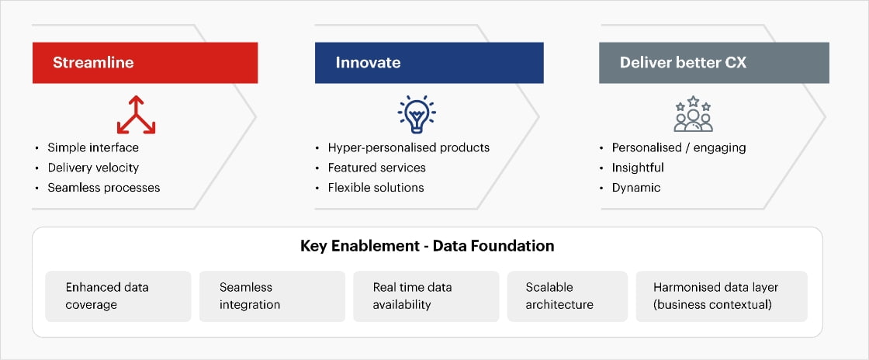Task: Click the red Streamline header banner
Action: tap(145, 63)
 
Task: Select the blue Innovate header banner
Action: tap(429, 63)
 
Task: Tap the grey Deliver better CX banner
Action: tap(714, 63)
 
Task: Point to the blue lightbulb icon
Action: tap(417, 114)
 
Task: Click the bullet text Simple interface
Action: tap(93, 148)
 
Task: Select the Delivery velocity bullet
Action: tap(93, 168)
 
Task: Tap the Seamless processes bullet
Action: tap(104, 188)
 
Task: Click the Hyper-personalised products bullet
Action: tap(408, 148)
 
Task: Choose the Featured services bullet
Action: tap(377, 168)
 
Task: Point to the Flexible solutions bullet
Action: tap(376, 188)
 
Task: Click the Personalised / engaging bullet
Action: tap(679, 148)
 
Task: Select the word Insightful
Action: tap(638, 168)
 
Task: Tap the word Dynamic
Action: tap(636, 188)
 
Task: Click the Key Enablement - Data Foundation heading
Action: tap(428, 246)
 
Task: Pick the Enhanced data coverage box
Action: tap(118, 296)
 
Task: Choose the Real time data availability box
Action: tap(426, 296)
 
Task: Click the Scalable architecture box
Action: tap(567, 296)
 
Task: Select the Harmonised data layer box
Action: tap(722, 296)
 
